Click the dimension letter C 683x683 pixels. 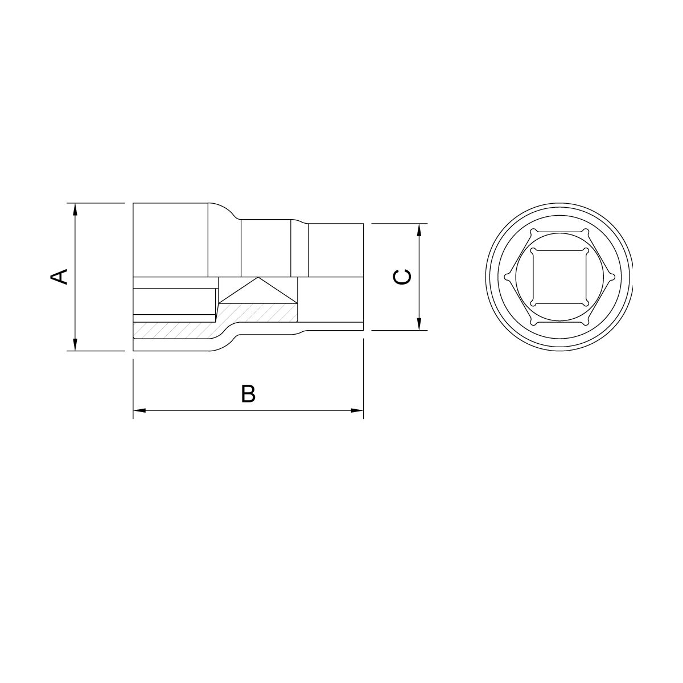coord(402,277)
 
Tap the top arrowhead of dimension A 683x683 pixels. coord(75,209)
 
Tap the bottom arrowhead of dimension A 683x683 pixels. coord(75,344)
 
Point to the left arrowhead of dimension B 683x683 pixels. coord(139,410)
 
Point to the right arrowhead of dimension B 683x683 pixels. coord(357,410)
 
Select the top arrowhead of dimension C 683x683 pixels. coord(419,230)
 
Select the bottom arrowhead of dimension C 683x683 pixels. coord(419,324)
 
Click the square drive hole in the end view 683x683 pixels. coord(559,277)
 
